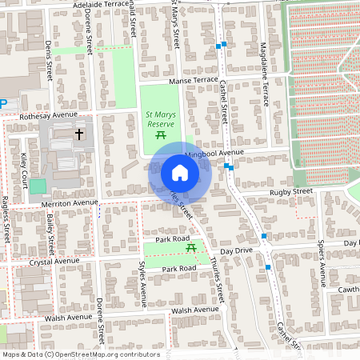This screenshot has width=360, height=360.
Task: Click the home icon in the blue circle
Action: point(180,173)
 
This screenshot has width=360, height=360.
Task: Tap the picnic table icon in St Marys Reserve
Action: point(160,136)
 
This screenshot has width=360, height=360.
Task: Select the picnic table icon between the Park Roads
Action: point(190,249)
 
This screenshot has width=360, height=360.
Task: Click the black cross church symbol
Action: point(78,134)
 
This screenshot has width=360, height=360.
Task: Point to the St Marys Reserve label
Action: point(160,119)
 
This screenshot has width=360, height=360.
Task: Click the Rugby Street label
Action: point(290,192)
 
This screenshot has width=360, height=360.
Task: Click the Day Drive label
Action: point(237,250)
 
